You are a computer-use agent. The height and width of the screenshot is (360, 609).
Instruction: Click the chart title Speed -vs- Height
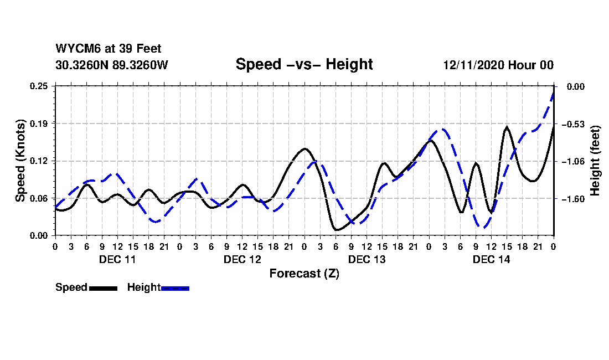pyautogui.click(x=304, y=64)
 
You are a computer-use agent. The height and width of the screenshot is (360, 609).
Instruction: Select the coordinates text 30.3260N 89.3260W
pyautogui.click(x=112, y=65)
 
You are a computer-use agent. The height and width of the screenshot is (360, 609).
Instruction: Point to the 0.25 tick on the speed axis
pyautogui.click(x=40, y=86)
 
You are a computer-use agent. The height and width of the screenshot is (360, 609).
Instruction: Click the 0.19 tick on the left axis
pyautogui.click(x=40, y=124)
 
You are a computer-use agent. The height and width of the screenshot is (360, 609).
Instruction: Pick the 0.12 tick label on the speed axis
pyautogui.click(x=40, y=161)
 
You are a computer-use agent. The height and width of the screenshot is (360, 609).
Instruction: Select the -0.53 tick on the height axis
pyautogui.click(x=572, y=124)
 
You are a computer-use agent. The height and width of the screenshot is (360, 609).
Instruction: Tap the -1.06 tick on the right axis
pyautogui.click(x=572, y=161)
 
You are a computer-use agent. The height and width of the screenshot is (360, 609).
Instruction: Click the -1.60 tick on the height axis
pyautogui.click(x=572, y=198)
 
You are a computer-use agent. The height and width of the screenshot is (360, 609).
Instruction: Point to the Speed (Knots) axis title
pyautogui.click(x=20, y=161)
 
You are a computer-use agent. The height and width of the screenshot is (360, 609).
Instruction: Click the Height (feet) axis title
pyautogui.click(x=596, y=161)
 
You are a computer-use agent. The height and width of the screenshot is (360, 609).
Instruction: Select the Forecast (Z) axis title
pyautogui.click(x=304, y=274)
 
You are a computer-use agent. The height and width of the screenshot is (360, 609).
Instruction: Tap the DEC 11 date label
pyautogui.click(x=117, y=259)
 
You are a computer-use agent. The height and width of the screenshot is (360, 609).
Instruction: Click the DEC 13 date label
pyautogui.click(x=367, y=259)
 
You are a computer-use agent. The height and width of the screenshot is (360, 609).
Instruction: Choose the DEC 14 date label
pyautogui.click(x=491, y=259)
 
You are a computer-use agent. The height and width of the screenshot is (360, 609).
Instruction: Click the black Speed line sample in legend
pyautogui.click(x=103, y=288)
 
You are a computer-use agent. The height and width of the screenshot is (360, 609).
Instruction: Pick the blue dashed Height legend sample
pyautogui.click(x=175, y=288)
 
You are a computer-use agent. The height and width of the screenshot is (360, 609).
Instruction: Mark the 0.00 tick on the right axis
pyautogui.click(x=573, y=86)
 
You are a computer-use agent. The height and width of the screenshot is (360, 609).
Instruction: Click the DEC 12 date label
pyautogui.click(x=242, y=259)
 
